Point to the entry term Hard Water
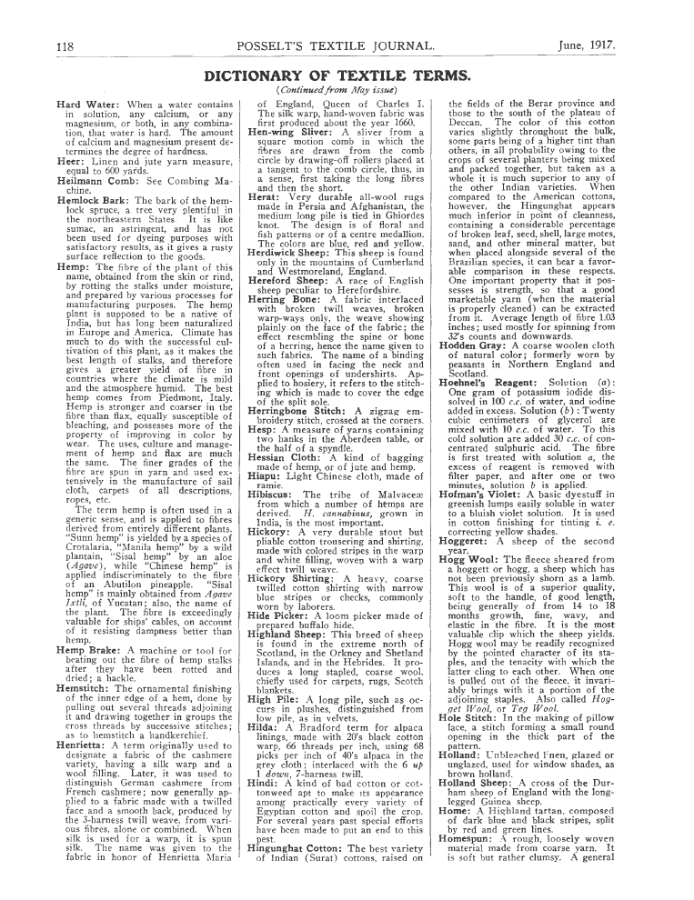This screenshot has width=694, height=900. (87, 106)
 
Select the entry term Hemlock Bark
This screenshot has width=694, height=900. (94, 200)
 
